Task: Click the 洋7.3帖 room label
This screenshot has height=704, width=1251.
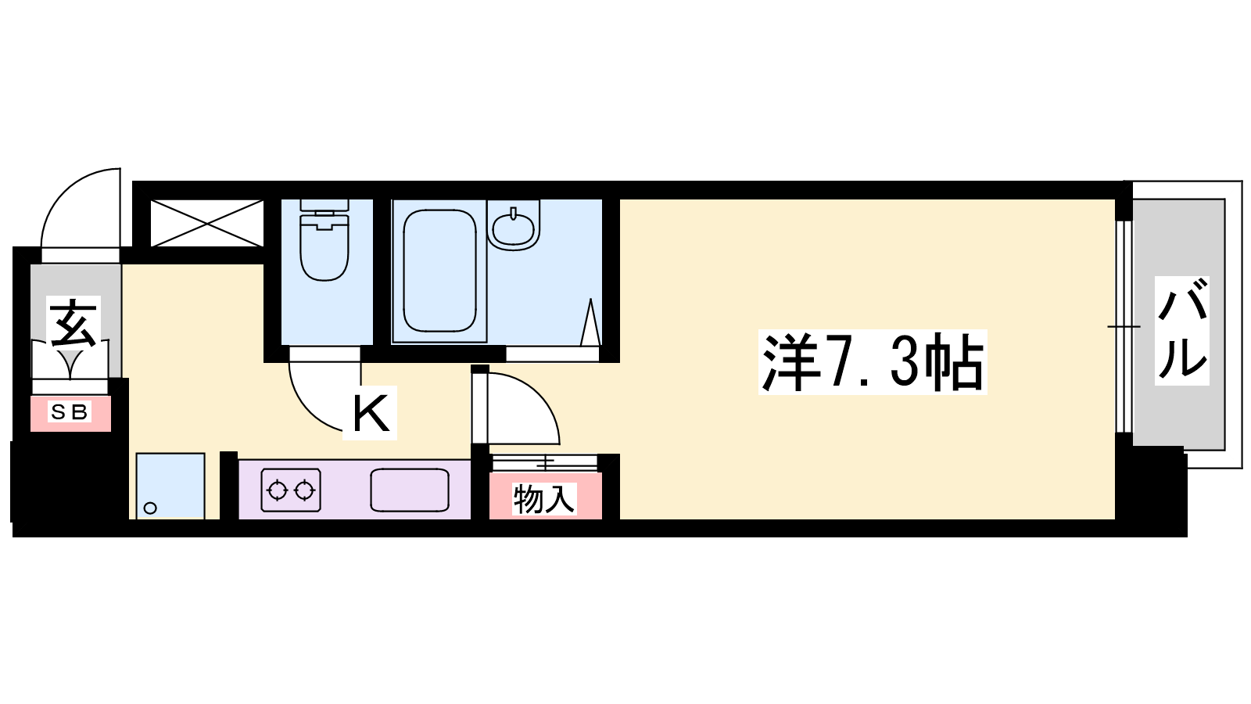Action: (x=873, y=362)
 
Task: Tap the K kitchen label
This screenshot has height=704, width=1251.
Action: (x=370, y=413)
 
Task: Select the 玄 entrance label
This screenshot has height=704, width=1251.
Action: (x=73, y=323)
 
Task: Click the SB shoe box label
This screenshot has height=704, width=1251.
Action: (x=70, y=412)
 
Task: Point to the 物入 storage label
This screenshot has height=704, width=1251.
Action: (x=544, y=498)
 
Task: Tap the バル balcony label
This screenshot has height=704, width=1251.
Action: (x=1181, y=331)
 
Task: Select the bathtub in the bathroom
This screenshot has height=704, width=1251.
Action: (x=439, y=271)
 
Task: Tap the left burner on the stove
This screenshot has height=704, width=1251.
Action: (x=277, y=490)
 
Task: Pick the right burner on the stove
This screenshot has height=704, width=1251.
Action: (x=304, y=490)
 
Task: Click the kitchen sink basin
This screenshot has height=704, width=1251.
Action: (x=410, y=490)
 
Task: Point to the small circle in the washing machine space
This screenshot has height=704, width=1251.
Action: (x=150, y=508)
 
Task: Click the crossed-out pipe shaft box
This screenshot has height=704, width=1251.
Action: (x=206, y=223)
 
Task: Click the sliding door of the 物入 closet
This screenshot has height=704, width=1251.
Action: (x=545, y=462)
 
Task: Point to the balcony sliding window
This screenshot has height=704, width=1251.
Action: (x=1124, y=326)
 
